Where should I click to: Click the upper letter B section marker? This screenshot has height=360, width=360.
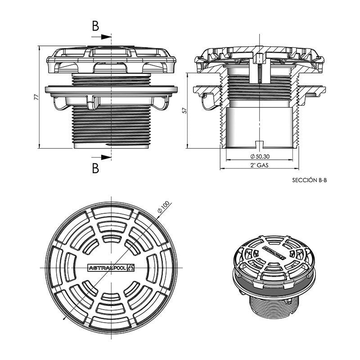pyautogui.click(x=95, y=26)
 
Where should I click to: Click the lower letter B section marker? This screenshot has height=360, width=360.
pyautogui.click(x=95, y=168)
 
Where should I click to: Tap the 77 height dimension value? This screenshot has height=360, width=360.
pyautogui.click(x=36, y=96)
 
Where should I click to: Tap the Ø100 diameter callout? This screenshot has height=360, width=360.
pyautogui.click(x=164, y=207)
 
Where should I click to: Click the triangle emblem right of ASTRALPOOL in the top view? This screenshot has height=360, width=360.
pyautogui.click(x=131, y=268)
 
